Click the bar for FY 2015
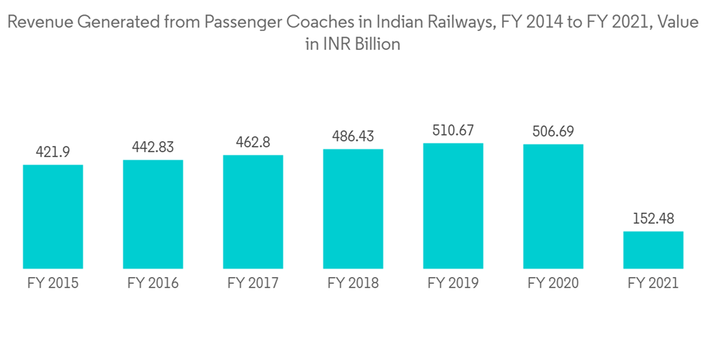(53, 216)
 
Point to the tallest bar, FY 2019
(453, 206)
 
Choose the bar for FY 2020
(553, 206)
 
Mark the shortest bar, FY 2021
(653, 249)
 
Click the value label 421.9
(53, 151)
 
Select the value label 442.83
(153, 146)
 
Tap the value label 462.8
(253, 141)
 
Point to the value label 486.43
(353, 136)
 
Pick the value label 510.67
(453, 130)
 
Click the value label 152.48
(653, 218)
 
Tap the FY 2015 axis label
(53, 283)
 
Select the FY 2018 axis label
(353, 283)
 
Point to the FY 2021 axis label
(653, 283)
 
